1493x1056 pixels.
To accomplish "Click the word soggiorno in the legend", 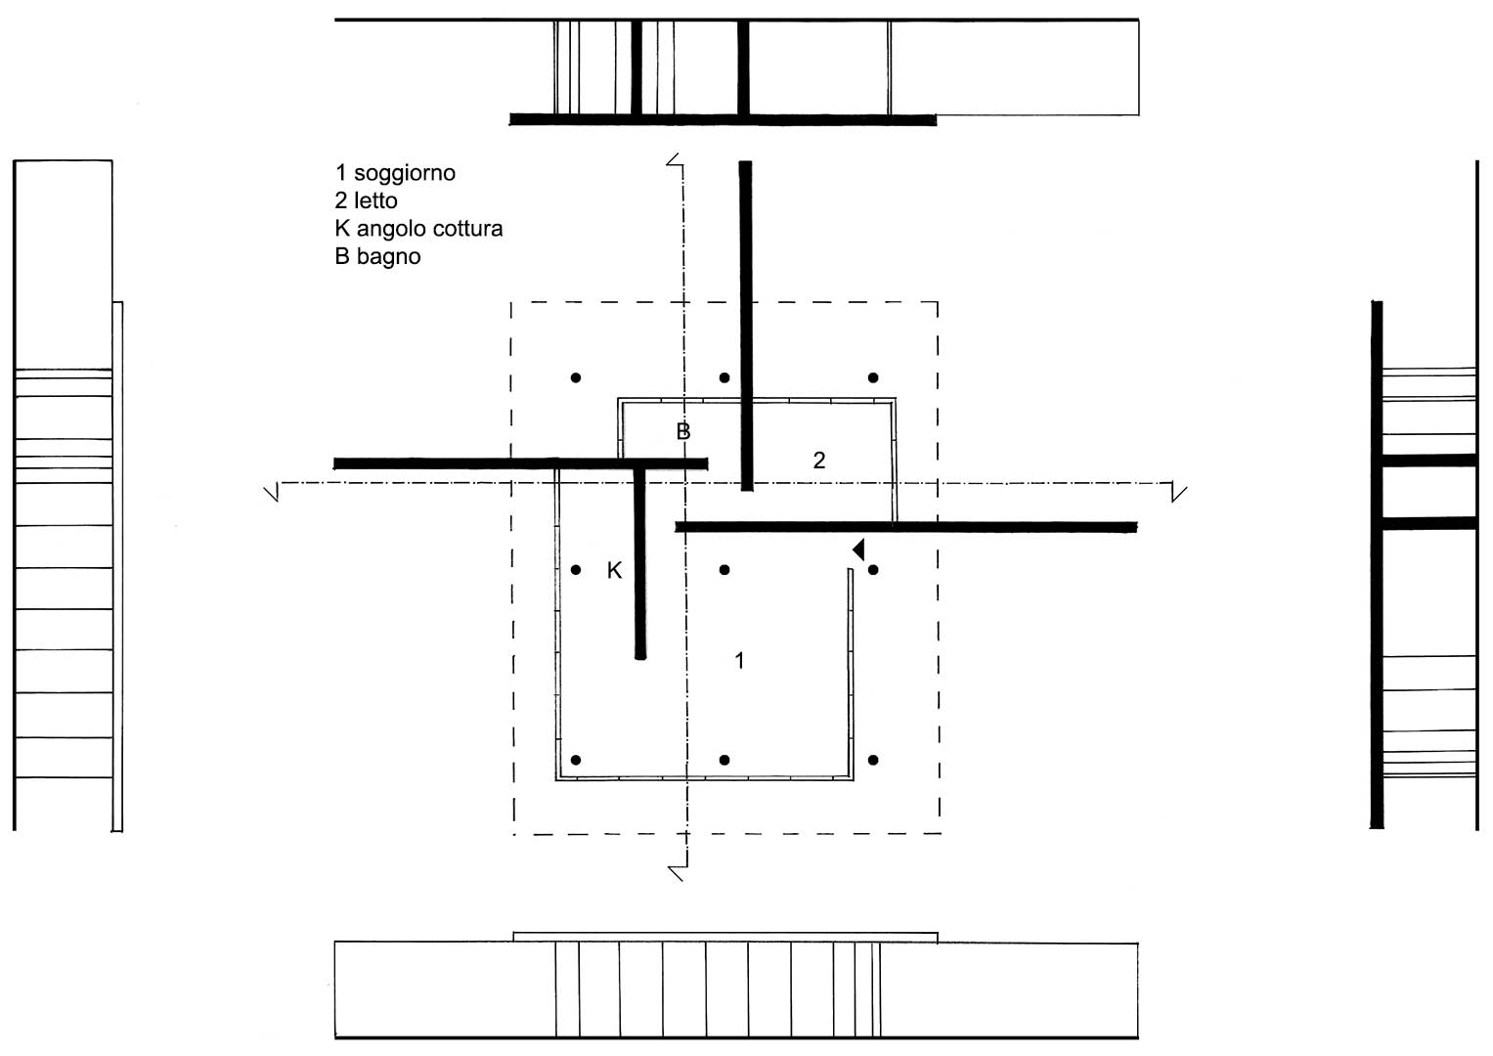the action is [x=405, y=174].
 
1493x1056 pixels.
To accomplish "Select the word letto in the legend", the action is [x=375, y=200].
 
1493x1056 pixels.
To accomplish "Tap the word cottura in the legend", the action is [x=466, y=229].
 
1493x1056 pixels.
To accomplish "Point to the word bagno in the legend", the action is [x=388, y=257].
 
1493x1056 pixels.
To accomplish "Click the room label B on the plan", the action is [x=683, y=431].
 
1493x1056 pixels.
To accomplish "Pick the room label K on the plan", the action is [x=614, y=570].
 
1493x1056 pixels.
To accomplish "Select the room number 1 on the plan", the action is [x=739, y=660].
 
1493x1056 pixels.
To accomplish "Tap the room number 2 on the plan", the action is [x=819, y=460].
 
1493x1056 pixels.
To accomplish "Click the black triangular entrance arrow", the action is [x=858, y=550].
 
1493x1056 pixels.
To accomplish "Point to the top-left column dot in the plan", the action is [x=576, y=378].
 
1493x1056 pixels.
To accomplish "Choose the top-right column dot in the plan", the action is [x=873, y=378].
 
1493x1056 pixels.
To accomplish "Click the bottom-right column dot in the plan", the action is [x=873, y=760].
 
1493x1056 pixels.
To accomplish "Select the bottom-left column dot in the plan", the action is [x=576, y=760].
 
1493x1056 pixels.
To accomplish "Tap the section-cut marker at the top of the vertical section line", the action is [x=675, y=160].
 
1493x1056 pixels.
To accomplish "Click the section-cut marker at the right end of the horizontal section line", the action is [x=1178, y=492].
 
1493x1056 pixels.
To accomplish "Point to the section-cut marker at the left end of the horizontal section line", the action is [x=272, y=492].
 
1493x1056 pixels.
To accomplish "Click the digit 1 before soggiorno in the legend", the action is [x=340, y=173].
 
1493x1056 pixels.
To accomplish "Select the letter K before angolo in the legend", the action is [x=342, y=229].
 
